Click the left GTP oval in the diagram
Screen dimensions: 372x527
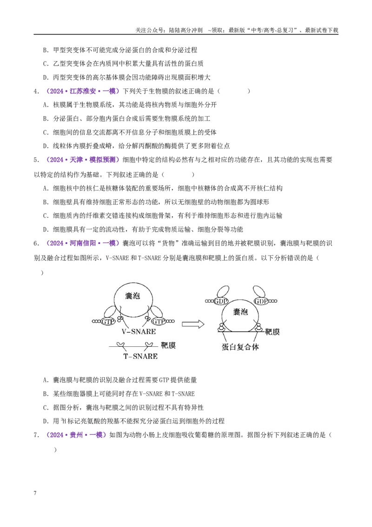pyautogui.click(x=108, y=322)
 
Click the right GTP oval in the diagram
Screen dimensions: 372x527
pyautogui.click(x=158, y=322)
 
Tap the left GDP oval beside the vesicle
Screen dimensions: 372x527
pyautogui.click(x=220, y=301)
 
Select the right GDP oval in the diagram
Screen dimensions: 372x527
pyautogui.click(x=261, y=301)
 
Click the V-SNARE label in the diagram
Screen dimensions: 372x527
pyautogui.click(x=139, y=332)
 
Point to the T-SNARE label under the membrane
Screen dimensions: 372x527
pyautogui.click(x=141, y=356)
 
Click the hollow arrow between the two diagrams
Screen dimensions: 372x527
pyautogui.click(x=193, y=324)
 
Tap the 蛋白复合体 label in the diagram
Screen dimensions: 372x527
pyautogui.click(x=240, y=347)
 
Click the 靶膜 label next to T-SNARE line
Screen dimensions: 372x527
pyautogui.click(x=168, y=345)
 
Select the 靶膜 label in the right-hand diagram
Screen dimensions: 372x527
pyautogui.click(x=272, y=332)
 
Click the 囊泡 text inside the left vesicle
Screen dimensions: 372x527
pyautogui.click(x=133, y=296)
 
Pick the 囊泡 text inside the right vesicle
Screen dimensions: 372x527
pyautogui.click(x=240, y=312)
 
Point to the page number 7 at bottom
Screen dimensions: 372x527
pyautogui.click(x=35, y=493)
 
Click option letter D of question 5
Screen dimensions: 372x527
pyautogui.click(x=46, y=230)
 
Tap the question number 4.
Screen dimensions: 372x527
pyautogui.click(x=36, y=91)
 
